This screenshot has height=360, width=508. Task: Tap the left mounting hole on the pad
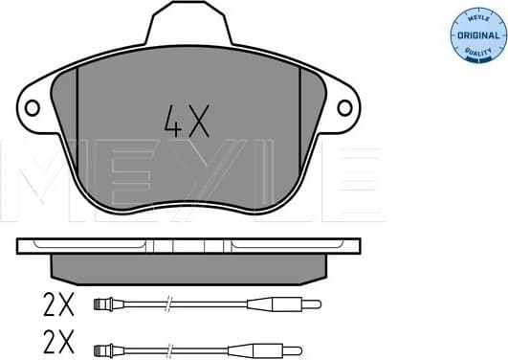32,107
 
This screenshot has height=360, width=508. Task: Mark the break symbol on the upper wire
166,305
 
